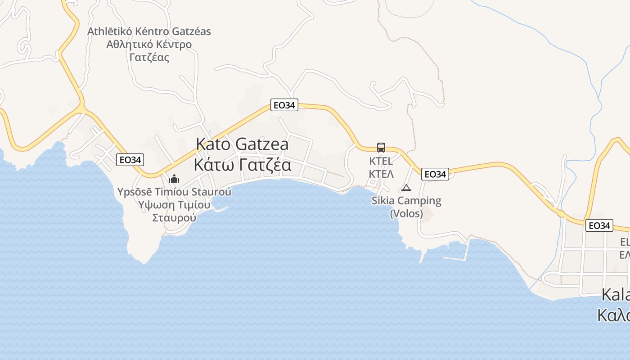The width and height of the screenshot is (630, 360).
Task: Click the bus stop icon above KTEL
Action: [381, 147]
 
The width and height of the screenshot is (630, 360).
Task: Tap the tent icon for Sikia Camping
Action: [406, 188]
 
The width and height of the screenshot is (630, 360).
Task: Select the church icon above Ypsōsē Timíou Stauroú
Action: [174, 179]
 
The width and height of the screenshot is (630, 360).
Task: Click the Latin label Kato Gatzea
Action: [242, 144]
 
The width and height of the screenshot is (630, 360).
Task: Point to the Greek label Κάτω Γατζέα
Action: [242, 165]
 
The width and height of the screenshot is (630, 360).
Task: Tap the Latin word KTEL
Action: [381, 161]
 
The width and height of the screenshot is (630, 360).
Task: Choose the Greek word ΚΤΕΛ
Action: [381, 174]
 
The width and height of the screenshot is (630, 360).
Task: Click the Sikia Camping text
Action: [406, 201]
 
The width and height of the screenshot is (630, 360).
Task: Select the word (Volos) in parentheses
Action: [406, 213]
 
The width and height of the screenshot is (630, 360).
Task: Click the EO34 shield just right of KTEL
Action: [435, 174]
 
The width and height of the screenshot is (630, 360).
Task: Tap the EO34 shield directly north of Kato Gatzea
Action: [284, 105]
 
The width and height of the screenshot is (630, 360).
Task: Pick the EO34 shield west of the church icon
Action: [130, 160]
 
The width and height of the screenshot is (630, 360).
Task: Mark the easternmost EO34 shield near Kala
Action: [599, 225]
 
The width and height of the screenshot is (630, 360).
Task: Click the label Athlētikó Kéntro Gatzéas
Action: [149, 31]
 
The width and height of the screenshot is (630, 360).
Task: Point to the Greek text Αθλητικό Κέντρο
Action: [149, 45]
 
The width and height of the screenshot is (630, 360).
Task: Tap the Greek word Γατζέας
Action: [149, 58]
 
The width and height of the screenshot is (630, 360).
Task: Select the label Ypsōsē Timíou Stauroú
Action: [174, 192]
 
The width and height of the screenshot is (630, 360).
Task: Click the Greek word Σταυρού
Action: [174, 218]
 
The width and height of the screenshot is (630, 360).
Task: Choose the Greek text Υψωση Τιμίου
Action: [174, 205]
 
